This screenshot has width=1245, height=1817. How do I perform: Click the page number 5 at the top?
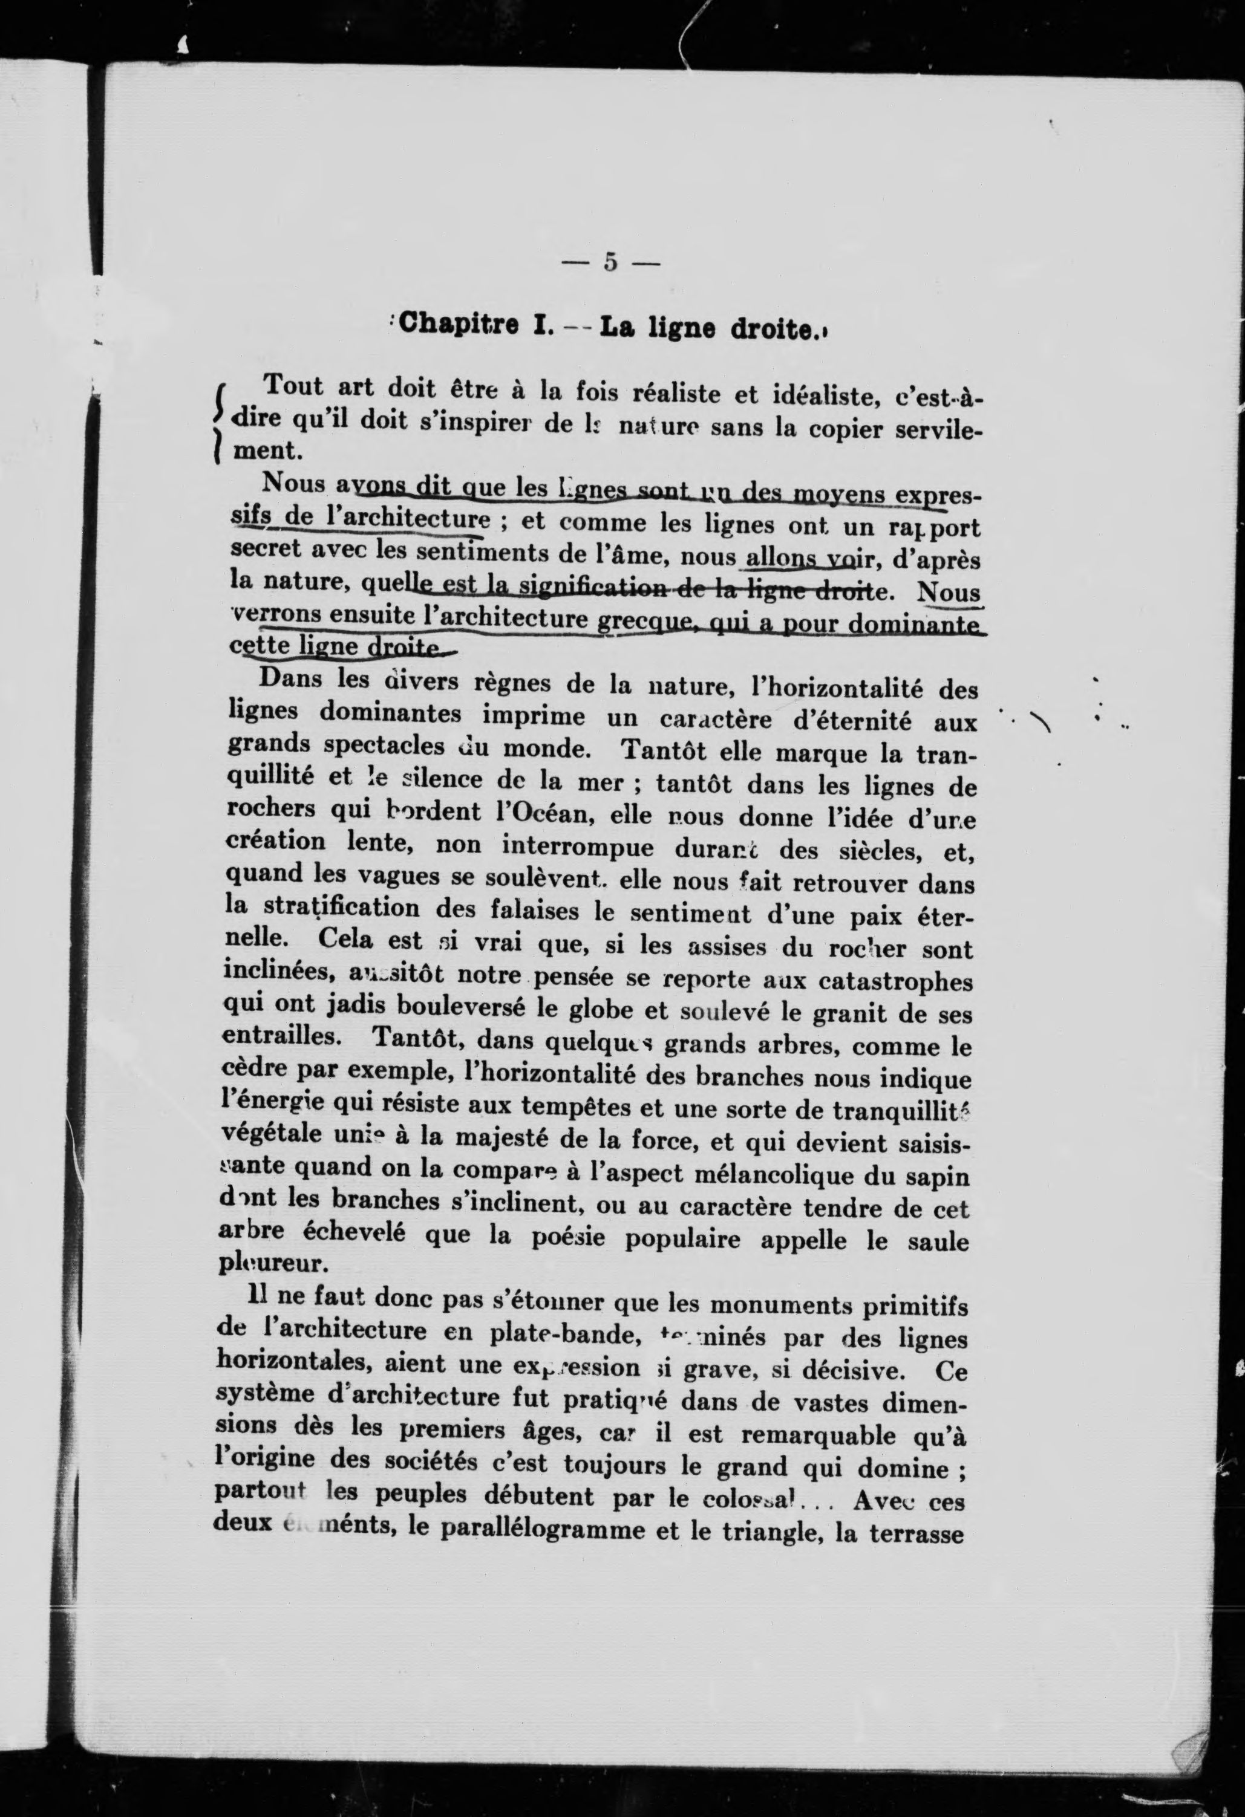pyautogui.click(x=611, y=262)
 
